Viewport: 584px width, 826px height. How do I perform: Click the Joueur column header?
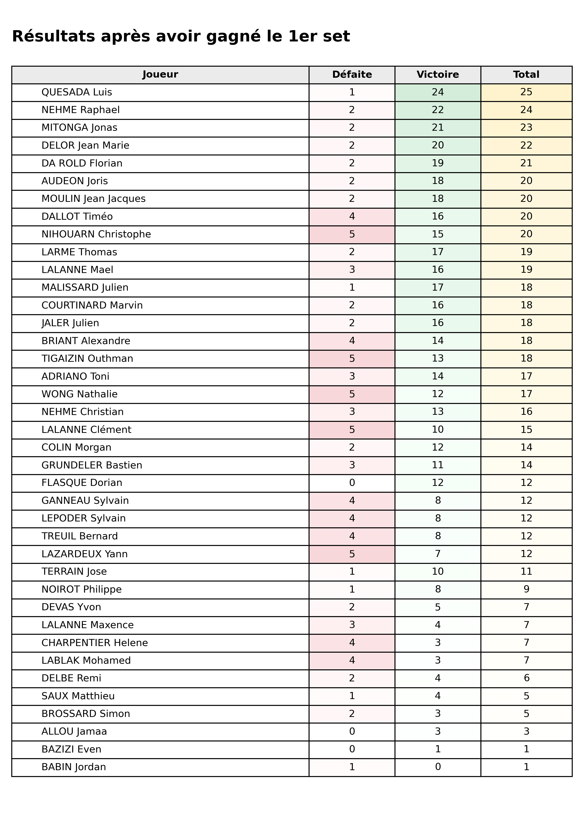point(160,74)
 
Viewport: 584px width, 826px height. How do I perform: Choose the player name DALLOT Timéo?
point(77,217)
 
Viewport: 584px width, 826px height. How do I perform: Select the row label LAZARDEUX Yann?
point(85,554)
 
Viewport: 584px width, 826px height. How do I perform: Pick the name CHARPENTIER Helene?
point(95,643)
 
